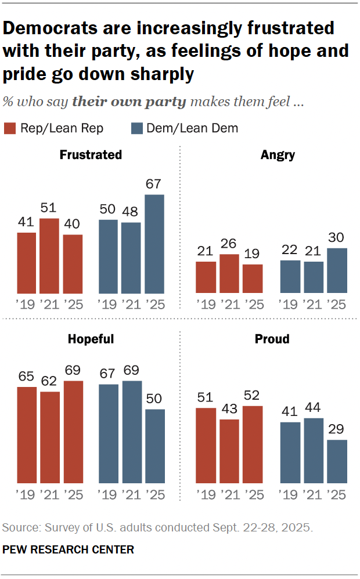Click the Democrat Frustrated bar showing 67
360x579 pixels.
(154, 244)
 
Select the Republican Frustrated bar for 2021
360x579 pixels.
(49, 255)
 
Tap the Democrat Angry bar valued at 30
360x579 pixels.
(337, 270)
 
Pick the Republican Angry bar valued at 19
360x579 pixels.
(252, 278)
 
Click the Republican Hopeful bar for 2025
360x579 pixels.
(73, 432)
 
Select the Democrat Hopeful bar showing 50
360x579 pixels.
(154, 446)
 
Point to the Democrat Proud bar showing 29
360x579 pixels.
(337, 462)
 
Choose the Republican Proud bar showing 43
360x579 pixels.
(229, 451)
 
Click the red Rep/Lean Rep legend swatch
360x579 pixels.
(9, 128)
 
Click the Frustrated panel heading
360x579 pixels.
(91, 155)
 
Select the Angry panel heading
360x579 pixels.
(278, 155)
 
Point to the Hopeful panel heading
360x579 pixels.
(91, 339)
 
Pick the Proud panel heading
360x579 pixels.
(272, 339)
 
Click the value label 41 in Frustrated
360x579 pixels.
(26, 223)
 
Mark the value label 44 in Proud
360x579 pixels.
(314, 408)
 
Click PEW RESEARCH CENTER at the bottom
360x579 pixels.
(68, 549)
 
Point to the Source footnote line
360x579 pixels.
(157, 528)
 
